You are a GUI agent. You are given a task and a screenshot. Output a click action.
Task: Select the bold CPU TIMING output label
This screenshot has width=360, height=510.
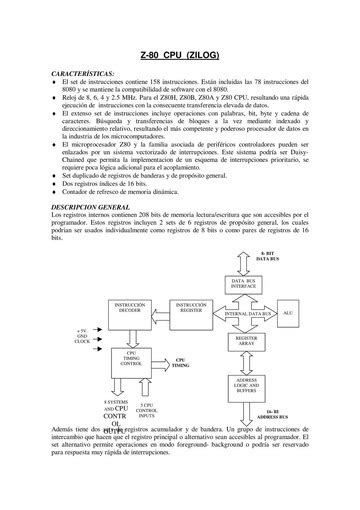181,363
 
